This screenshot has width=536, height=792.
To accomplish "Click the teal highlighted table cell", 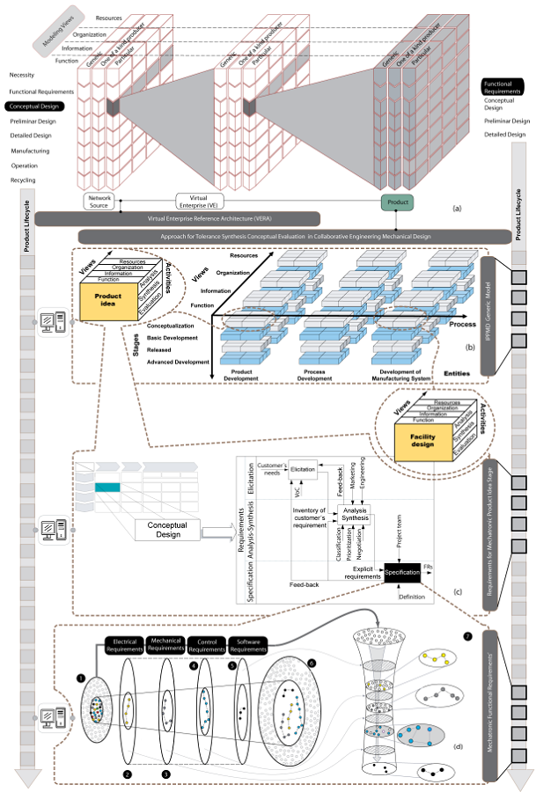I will point(107,487).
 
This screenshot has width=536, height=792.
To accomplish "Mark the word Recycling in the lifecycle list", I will point(23,180).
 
